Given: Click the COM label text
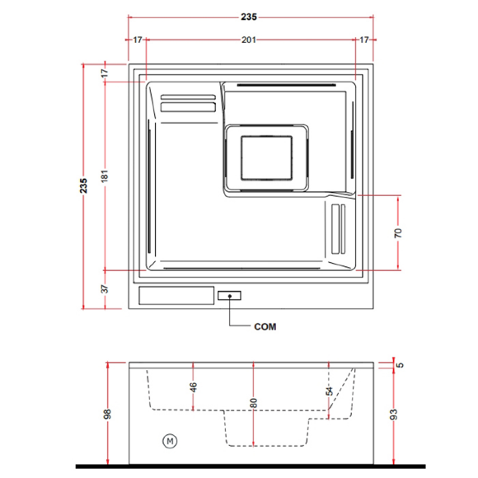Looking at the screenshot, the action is (265, 327).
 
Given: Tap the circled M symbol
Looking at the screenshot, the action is (170, 441).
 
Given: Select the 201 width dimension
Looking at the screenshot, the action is (249, 40).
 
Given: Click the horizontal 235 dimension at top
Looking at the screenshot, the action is (249, 17).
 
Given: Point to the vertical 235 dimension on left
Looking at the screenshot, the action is (83, 185).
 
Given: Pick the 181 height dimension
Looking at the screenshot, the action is (105, 176).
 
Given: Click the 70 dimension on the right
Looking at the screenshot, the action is (398, 233).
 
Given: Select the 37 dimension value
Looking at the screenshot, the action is (105, 289).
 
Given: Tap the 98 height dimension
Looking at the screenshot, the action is (107, 414).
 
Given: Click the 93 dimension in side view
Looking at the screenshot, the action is (394, 415).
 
